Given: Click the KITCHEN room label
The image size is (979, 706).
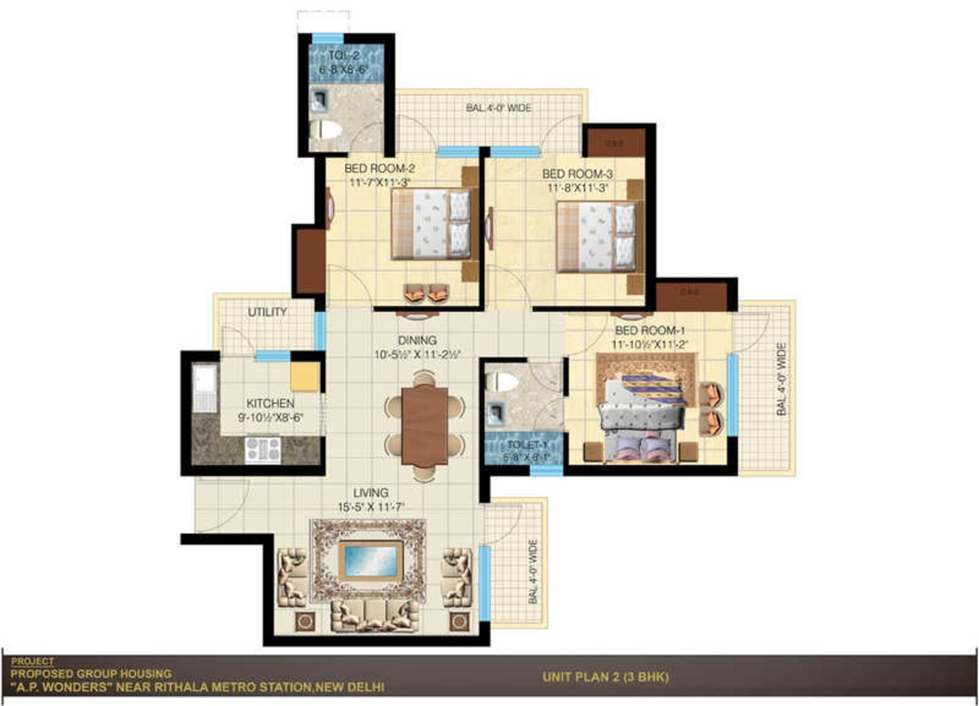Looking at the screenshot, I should coord(270,404).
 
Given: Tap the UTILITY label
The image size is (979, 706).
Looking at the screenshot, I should coord(267,312).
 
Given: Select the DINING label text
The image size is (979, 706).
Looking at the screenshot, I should coord(417,341).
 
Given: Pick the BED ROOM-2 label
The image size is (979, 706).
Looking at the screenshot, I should coord(380,168).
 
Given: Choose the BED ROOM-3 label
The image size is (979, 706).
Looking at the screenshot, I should coord(577,174).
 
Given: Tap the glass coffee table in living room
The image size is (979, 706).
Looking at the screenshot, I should coord(370,560).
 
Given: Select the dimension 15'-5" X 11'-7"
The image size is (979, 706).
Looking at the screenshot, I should coord(370,507).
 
